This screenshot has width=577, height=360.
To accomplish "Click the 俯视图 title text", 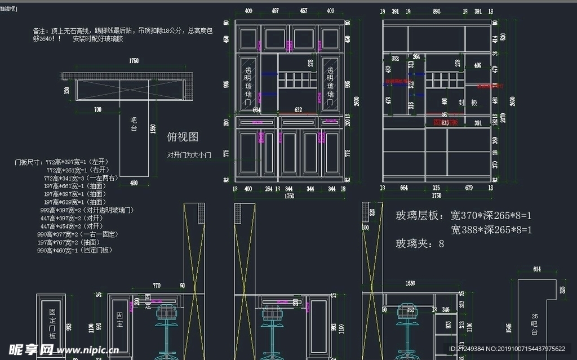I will pos(183,137).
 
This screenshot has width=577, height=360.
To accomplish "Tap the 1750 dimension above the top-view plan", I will pos(134,61).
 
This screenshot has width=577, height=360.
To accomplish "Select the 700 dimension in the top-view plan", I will pos(98,109).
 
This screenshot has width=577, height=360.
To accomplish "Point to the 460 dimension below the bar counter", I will pos(134,183).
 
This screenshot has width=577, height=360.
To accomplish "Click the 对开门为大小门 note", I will pos(189,155).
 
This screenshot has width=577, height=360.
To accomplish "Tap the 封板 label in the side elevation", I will pos(467,103).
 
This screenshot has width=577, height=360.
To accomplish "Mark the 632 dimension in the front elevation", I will pos(299,110).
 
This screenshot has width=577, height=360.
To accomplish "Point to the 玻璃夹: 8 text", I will pos(420,244).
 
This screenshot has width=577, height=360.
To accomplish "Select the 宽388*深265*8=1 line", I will pos(491,230).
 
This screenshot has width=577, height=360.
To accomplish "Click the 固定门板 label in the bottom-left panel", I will pos(52,324).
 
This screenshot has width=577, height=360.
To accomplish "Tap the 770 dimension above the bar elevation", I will pos(157,286).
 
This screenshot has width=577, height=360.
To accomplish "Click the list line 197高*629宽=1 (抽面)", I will pos(75,202).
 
